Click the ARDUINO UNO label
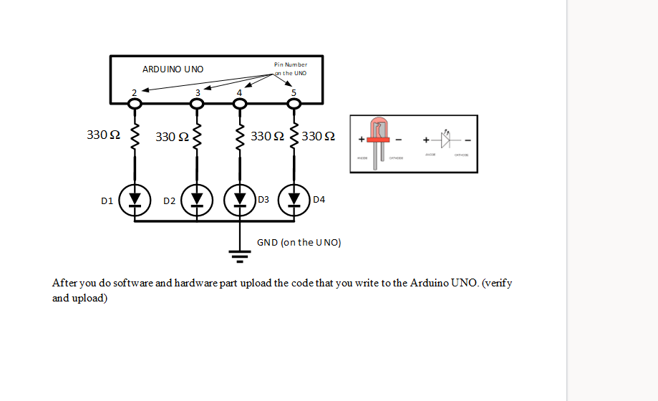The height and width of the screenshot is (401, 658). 173,69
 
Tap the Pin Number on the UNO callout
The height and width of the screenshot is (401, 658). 290,69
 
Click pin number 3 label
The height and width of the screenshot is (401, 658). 198,91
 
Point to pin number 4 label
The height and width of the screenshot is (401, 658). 240,91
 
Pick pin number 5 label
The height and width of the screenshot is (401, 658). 292,91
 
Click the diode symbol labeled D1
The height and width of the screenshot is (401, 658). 134,200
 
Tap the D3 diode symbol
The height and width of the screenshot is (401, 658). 240,200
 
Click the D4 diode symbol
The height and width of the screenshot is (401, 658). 294,200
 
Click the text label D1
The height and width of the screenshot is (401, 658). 107,201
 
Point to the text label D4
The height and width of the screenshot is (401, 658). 319,199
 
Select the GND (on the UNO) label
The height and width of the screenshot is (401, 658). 299,243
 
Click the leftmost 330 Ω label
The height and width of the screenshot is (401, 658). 103,135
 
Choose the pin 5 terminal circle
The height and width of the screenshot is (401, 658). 294,105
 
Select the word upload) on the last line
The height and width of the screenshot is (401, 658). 89,298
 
